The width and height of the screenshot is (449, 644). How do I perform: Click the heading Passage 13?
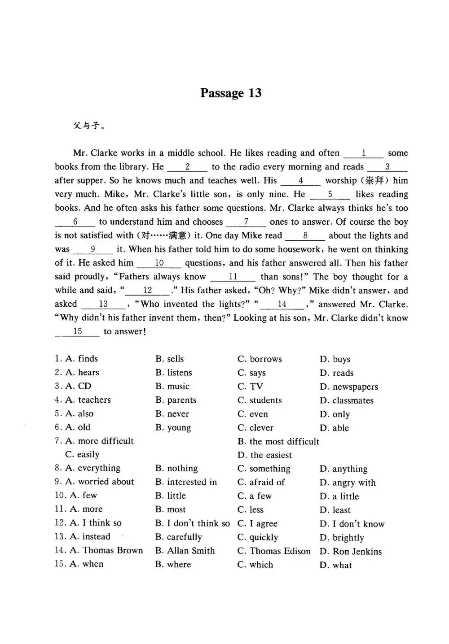pos(231,93)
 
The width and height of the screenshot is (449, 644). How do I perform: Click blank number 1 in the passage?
pos(363,153)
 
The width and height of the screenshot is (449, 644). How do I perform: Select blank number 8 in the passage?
pos(305,236)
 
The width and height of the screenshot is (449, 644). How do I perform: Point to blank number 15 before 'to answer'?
pos(77,332)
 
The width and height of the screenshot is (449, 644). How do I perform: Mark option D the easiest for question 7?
pos(264,455)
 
